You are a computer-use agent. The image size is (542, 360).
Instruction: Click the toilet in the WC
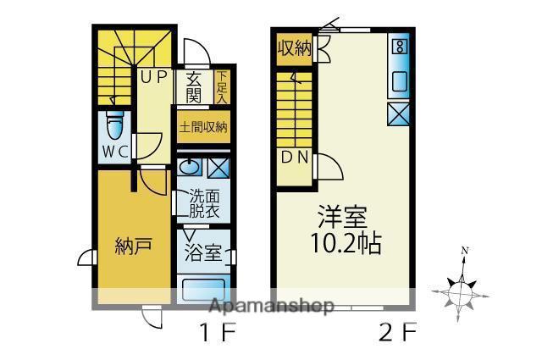[x=115, y=127]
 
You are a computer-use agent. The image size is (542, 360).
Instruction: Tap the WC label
[x=115, y=152]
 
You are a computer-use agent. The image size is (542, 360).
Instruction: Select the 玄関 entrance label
[x=194, y=88]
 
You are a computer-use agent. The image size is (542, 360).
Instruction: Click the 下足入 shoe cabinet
[x=222, y=87]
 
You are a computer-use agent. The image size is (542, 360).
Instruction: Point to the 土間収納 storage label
[x=203, y=127]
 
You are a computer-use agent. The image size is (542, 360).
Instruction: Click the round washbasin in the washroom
[x=190, y=168]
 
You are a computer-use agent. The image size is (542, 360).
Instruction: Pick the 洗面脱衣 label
[x=204, y=204]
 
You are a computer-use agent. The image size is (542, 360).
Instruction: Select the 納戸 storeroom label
[x=133, y=246]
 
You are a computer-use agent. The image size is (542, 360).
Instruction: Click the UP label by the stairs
[x=153, y=77]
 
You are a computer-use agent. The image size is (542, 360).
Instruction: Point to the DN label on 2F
[x=295, y=158]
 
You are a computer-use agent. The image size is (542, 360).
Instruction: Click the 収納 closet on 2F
[x=295, y=48]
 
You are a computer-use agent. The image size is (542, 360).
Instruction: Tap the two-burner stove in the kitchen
[x=400, y=47]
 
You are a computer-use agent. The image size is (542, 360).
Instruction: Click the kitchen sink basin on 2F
[x=399, y=81]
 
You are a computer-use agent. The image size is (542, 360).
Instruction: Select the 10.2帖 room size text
[x=346, y=243]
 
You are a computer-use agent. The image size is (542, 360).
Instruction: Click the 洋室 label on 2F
[x=342, y=217]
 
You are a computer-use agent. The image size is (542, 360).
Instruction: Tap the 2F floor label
[x=397, y=333]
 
